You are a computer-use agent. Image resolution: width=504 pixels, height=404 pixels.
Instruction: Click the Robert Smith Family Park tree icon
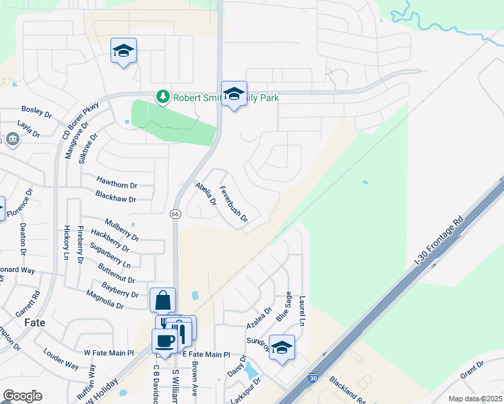[162, 98]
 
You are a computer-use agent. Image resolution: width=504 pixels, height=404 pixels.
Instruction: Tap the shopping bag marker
[163, 300]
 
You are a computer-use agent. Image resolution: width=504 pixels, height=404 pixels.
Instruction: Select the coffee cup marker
[164, 341]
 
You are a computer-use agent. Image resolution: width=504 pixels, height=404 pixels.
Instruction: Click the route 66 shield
[175, 213]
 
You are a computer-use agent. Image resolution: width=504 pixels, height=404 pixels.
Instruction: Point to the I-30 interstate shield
[313, 379]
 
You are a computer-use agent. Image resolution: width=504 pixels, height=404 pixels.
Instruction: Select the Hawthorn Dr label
[117, 184]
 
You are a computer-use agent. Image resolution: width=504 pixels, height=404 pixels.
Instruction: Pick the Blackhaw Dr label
[115, 199]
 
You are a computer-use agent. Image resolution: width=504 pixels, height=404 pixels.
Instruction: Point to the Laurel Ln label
[303, 311]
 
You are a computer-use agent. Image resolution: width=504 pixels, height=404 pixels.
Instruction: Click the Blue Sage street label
[284, 305]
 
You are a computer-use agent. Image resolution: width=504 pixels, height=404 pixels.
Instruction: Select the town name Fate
[34, 323]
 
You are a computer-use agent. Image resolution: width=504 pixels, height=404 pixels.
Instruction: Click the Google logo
[22, 395]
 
